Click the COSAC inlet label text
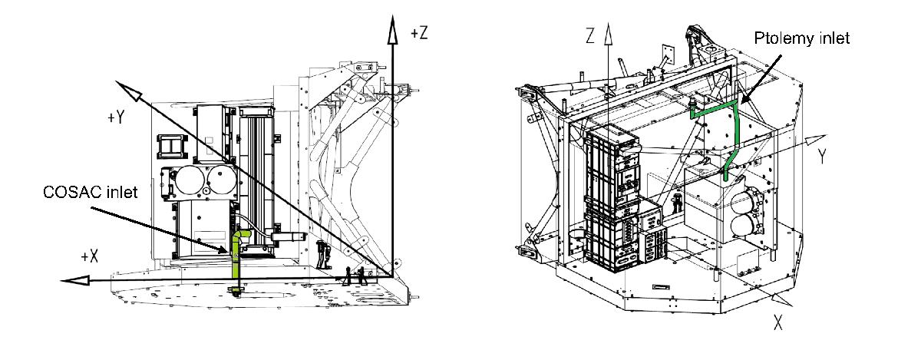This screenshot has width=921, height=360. (x=90, y=192)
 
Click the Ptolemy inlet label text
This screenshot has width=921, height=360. (x=801, y=38)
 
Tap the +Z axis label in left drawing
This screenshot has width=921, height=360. (x=419, y=32)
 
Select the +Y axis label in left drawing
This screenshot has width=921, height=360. (x=116, y=117)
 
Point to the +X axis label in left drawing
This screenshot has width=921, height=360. (x=90, y=256)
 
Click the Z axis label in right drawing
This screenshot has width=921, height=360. (x=590, y=36)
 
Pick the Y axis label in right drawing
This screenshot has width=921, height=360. (x=822, y=157)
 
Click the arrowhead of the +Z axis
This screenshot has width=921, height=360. (x=393, y=29)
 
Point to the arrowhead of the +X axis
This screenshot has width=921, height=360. (x=75, y=281)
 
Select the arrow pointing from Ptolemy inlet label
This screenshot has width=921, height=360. (x=761, y=80)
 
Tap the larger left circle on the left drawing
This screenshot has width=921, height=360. (x=189, y=181)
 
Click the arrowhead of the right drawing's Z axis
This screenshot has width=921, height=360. (x=608, y=34)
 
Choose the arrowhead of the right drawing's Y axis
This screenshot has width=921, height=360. (x=815, y=140)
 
